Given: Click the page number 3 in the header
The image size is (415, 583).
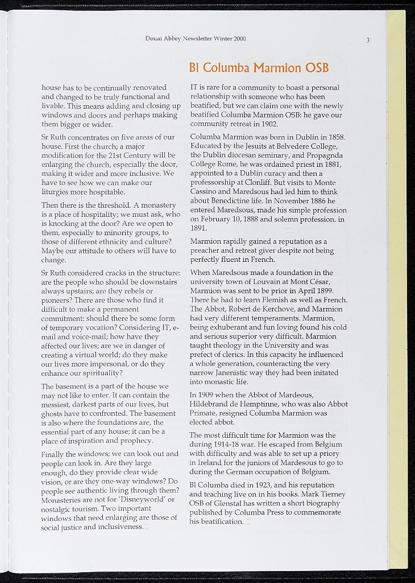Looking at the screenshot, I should tap(368, 40).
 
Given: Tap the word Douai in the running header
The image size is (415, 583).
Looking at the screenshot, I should tap(155, 39).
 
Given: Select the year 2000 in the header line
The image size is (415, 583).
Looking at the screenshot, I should tap(239, 39).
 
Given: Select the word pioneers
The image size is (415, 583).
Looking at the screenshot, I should tap(58, 299).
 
